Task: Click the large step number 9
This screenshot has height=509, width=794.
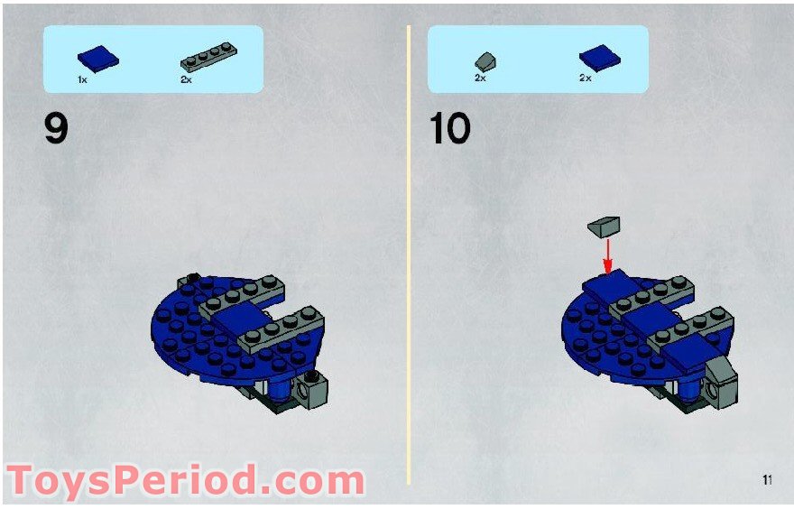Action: coord(56,128)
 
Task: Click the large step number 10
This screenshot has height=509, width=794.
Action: coord(449,128)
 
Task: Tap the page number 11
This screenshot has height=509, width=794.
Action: coord(767,480)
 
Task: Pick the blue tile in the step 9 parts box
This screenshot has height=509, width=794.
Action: coord(97,60)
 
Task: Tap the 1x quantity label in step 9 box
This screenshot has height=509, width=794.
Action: coord(82,80)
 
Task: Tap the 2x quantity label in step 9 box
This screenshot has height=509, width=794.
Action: coord(187,80)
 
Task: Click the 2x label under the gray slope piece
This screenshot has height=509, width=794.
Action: coord(480,79)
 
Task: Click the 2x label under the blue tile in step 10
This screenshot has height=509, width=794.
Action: coord(585,79)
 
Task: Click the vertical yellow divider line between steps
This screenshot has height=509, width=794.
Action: coord(409,253)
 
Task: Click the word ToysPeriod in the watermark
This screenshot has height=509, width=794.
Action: coord(126,481)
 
